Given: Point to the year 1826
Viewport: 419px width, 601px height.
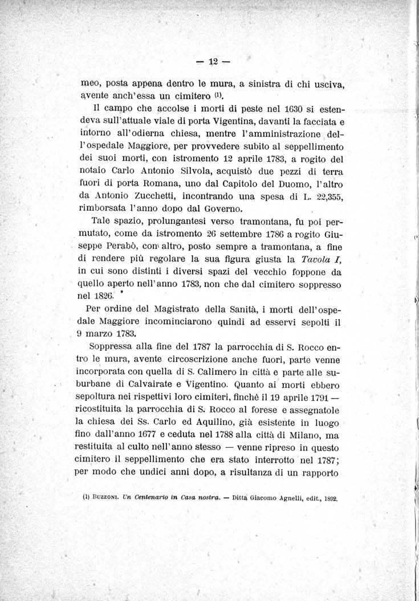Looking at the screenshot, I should click(89, 297).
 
